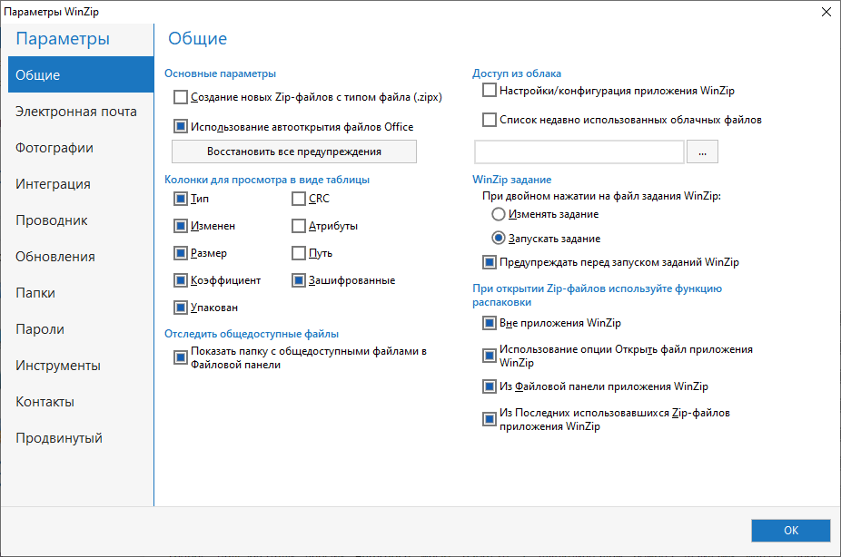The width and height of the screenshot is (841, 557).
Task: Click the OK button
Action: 790,531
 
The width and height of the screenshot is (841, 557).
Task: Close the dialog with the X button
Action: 826,12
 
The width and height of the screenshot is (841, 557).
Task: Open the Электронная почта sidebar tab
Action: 76,112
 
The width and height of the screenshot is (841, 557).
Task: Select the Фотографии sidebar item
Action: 54,148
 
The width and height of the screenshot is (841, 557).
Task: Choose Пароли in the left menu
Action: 40,329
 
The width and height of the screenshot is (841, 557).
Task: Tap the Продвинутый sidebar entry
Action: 59,438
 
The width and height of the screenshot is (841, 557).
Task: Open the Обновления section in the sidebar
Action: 55,257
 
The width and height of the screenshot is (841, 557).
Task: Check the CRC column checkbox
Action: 299,199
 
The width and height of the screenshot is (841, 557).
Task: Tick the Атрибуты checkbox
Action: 299,226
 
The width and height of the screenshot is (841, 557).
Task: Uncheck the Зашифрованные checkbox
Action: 299,280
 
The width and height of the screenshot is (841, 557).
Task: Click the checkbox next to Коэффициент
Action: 181,280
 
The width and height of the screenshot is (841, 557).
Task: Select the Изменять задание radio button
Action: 497,214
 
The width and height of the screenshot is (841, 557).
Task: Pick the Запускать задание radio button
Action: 497,239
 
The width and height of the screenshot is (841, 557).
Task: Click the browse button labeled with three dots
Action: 703,152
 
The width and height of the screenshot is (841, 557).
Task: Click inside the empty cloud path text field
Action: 579,152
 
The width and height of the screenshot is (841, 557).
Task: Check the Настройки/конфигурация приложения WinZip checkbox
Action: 490,91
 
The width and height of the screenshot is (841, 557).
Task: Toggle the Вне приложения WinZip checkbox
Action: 490,323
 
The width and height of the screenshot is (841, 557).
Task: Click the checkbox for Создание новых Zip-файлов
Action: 181,97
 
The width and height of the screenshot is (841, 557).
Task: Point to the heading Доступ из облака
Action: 517,73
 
